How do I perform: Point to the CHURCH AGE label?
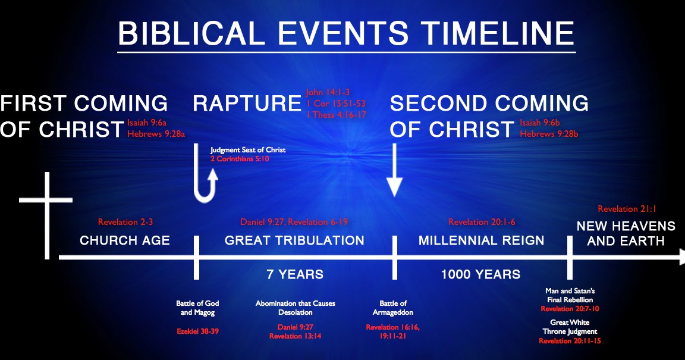coord(125,241)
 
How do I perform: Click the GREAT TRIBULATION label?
coord(294,241)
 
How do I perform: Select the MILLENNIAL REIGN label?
coord(481,241)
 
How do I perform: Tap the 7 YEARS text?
coord(294,274)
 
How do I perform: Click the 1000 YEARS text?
coord(480,274)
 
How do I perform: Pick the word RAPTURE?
coord(247,104)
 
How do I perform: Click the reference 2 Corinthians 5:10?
coord(239,159)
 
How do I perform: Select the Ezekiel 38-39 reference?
coord(197,331)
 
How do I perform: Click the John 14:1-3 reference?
coord(327,93)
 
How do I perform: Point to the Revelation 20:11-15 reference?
coord(570,341)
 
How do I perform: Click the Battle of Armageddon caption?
coord(392,308)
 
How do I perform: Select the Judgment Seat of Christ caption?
coord(248,150)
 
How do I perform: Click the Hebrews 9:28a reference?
coord(156,134)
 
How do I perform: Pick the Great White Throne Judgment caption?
coord(570,327)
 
